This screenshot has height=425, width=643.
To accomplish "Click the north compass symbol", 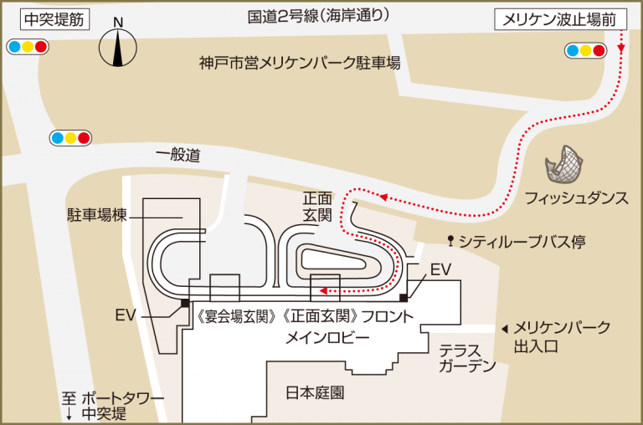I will coord(118,47).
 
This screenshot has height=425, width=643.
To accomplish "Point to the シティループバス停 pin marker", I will coord(452,241).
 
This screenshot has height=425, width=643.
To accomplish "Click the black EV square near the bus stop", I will coord(404,297).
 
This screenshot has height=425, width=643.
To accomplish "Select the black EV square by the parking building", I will coord(185,303).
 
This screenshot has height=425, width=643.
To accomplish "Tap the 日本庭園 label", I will coord(315,392).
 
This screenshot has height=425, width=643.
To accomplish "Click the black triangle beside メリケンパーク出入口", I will coord(504,329).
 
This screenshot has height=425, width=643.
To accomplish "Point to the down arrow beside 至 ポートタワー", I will coord(69,414).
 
